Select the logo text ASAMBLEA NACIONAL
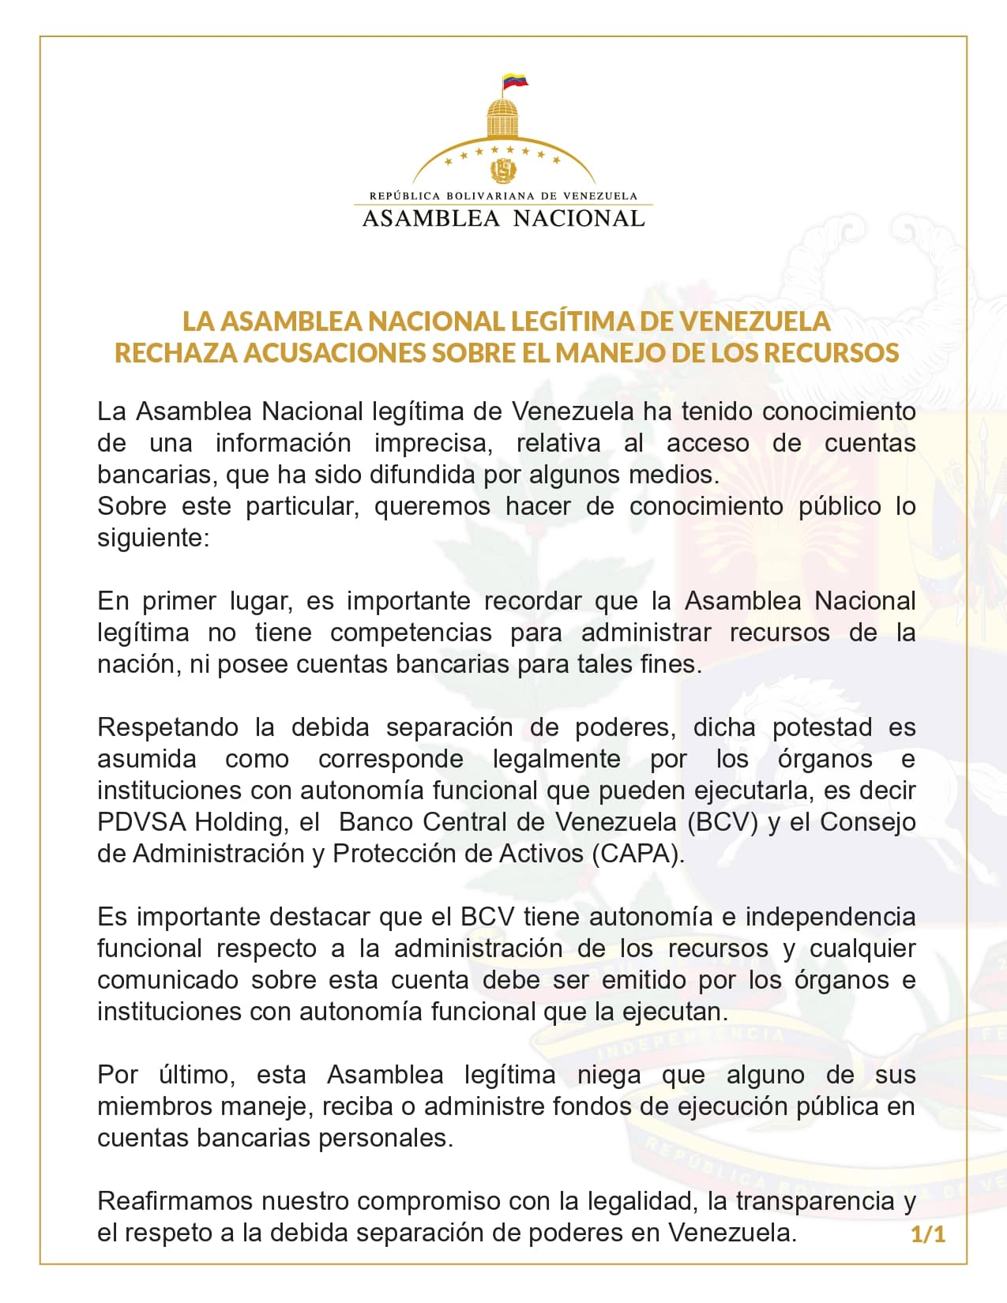(503, 219)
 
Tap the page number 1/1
(928, 1234)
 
